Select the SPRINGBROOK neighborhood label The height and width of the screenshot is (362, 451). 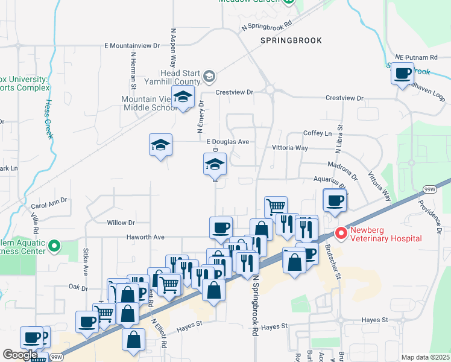291,40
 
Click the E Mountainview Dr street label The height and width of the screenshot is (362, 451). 131,45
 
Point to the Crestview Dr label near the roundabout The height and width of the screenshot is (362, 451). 235,92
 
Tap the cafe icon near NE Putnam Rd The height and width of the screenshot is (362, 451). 402,74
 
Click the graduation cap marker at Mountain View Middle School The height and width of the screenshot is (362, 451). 183,97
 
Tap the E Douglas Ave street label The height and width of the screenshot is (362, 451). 227,142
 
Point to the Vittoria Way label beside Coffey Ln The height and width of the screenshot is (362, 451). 291,148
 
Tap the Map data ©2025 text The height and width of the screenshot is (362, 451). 424,357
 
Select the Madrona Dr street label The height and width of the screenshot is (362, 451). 342,170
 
